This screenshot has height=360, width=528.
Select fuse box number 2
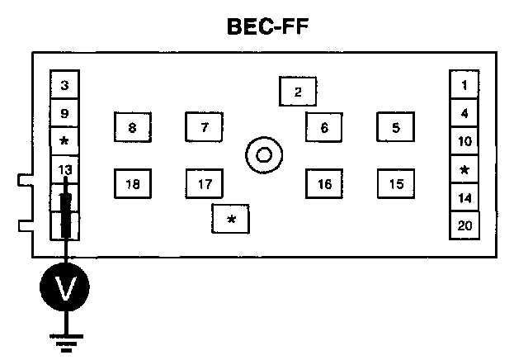point(298,92)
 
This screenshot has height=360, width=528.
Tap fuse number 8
point(132,128)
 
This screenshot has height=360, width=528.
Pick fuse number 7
point(205,127)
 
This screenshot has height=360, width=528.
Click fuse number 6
point(324,127)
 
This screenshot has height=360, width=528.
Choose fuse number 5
point(396,127)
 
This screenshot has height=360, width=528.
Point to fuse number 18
point(132,184)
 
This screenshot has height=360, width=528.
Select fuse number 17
point(205,184)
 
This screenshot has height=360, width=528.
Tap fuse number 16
point(324,184)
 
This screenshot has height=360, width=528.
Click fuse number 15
point(396,184)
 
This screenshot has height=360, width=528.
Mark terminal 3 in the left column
point(65,85)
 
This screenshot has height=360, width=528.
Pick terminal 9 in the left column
point(65,113)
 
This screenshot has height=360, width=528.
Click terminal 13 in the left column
point(65,169)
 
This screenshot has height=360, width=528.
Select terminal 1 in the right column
point(464,84)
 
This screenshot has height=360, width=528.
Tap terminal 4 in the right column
point(464,113)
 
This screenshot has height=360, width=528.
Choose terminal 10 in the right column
point(464,141)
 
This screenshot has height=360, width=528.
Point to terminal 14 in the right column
point(464,198)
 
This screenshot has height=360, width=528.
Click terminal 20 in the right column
point(464,225)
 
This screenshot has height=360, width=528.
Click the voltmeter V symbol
point(65,287)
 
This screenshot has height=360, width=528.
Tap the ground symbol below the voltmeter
point(65,340)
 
